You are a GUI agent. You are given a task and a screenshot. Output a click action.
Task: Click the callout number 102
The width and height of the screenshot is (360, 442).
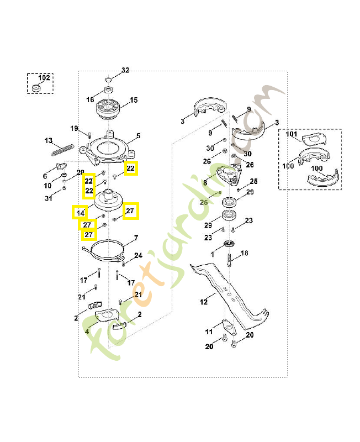44,78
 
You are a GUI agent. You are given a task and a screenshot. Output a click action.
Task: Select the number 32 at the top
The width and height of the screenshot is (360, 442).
125,70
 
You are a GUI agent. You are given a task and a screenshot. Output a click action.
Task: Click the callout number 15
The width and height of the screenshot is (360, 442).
134,101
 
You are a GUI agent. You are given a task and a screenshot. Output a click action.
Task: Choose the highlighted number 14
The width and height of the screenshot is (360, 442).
80,212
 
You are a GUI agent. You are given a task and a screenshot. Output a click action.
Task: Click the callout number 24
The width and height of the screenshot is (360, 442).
138,256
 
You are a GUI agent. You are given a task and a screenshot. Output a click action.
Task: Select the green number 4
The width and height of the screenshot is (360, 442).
87,331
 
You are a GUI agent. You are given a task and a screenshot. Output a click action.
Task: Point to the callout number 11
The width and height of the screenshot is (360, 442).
209,332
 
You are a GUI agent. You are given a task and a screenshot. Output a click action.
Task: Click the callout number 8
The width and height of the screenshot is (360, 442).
205,182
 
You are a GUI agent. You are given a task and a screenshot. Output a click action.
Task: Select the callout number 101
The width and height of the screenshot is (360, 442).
292,134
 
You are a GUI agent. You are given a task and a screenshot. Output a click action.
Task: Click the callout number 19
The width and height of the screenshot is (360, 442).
74,129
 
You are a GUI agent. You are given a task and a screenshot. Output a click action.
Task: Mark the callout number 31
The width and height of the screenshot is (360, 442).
49,199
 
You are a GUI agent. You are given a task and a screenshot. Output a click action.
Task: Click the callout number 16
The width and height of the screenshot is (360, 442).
90,100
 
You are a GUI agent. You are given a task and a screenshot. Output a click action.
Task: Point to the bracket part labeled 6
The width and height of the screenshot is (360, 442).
60,167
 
